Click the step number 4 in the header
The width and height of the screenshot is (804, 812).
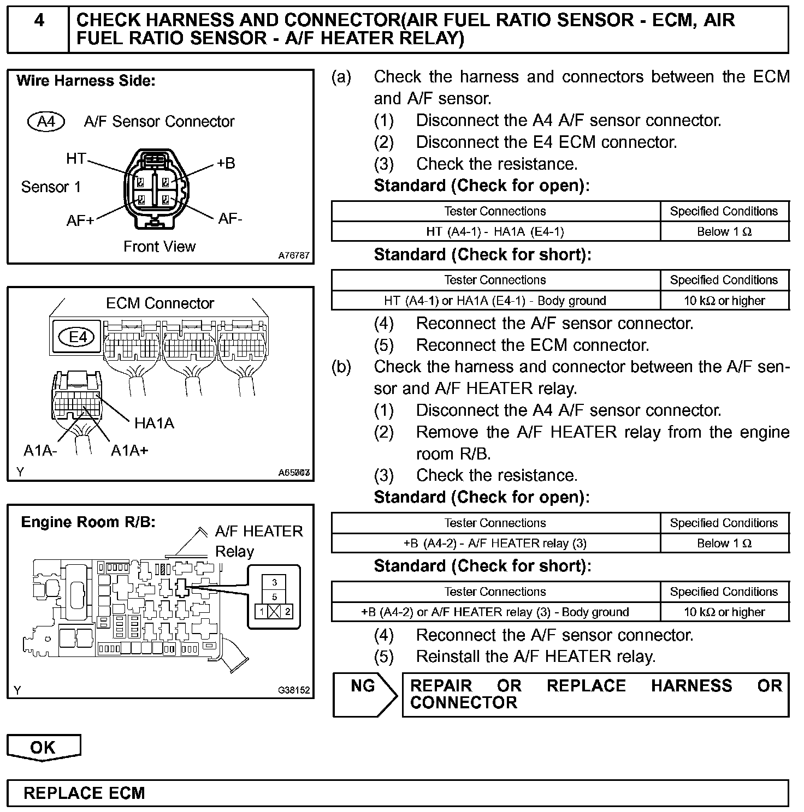pos(39,21)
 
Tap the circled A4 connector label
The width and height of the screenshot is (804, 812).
pos(46,121)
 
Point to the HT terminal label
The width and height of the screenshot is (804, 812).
pos(76,159)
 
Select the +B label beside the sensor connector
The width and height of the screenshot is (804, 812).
pos(225,163)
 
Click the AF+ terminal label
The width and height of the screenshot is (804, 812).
pos(80,221)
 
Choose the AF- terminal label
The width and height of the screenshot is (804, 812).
pos(230,219)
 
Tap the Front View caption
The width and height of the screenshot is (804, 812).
pos(159,247)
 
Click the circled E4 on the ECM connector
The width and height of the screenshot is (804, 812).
pos(78,337)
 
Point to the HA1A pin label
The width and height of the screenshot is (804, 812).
pos(154,423)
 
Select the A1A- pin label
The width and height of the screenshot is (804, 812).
pos(40,451)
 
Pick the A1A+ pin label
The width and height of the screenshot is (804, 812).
pos(129,451)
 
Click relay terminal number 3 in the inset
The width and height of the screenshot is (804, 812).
pos(274,583)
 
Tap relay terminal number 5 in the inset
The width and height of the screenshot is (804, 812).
pos(274,597)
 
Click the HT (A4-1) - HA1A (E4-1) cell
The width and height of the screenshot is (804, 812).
pos(495,232)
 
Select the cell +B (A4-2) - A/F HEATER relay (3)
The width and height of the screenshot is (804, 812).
pos(495,544)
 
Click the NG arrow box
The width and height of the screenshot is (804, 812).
pos(364,694)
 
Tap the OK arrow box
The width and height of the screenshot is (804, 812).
pos(43,748)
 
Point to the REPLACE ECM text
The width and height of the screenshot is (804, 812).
pos(85,793)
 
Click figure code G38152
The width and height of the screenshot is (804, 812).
pos(293,690)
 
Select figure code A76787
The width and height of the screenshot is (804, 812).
pos(293,255)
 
